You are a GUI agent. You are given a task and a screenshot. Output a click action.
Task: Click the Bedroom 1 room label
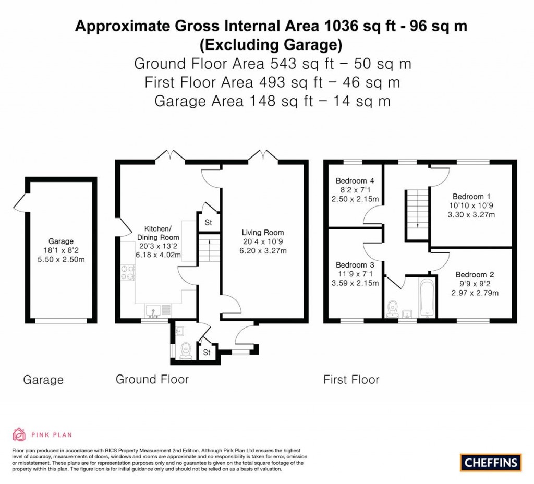coord(471,197)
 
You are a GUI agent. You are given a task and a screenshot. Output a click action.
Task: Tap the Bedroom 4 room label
coord(355,181)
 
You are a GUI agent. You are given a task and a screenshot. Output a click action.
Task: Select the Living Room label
coord(262,233)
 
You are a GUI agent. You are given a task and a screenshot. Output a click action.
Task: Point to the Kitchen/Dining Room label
coord(157,233)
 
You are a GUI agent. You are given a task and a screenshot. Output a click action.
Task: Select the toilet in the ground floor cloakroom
coord(185,351)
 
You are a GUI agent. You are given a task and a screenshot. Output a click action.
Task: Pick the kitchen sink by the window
coord(154,311)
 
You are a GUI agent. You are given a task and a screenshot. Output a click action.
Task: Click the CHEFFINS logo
coord(491,462)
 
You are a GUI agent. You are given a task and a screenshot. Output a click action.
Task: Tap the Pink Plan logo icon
coord(19,434)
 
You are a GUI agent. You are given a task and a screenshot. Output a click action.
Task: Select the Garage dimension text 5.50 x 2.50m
coord(61,259)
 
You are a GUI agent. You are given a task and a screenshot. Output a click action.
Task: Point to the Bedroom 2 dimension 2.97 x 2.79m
coord(475,293)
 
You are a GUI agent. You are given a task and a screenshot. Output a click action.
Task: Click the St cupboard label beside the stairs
coord(208,222)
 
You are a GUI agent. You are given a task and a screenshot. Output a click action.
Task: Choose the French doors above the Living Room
coord(263,155)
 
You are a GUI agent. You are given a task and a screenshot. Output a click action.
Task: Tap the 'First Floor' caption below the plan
coord(351,379)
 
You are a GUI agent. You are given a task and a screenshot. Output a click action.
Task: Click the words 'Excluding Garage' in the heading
coord(271,45)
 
